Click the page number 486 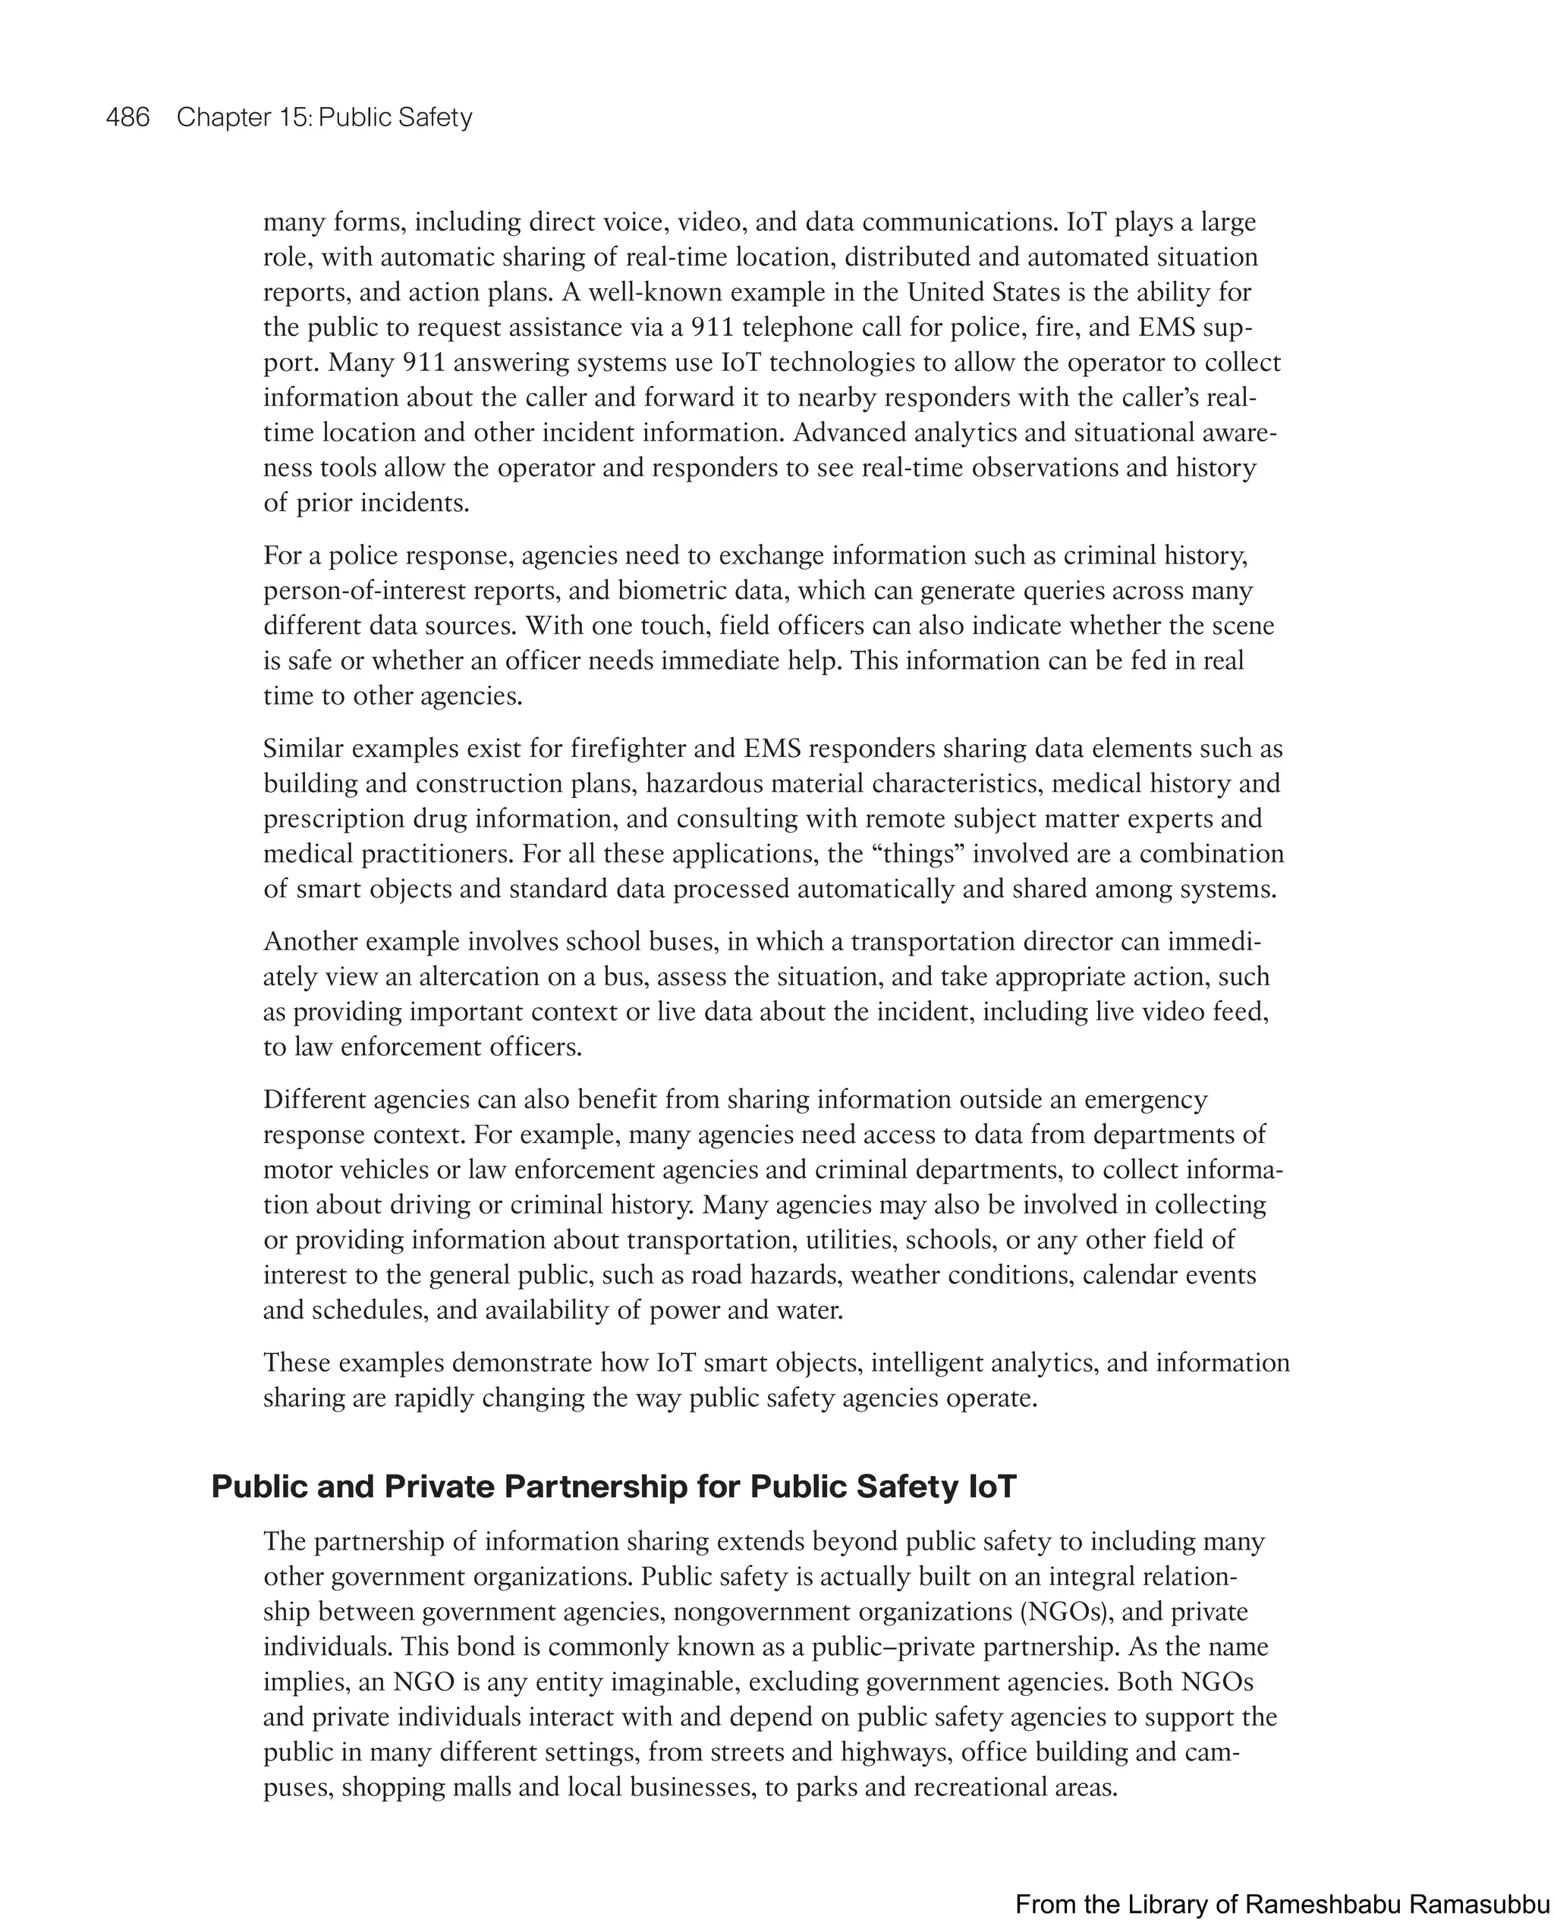(127, 118)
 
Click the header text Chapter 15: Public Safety (324, 118)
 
